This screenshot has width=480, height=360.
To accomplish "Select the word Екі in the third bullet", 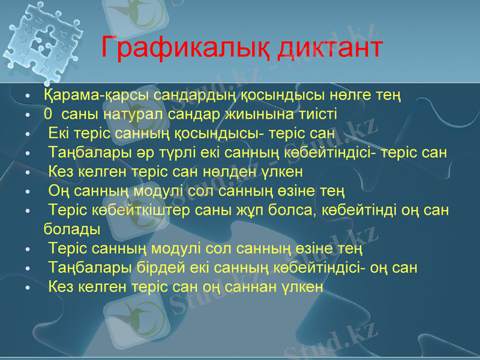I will (59, 133).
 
